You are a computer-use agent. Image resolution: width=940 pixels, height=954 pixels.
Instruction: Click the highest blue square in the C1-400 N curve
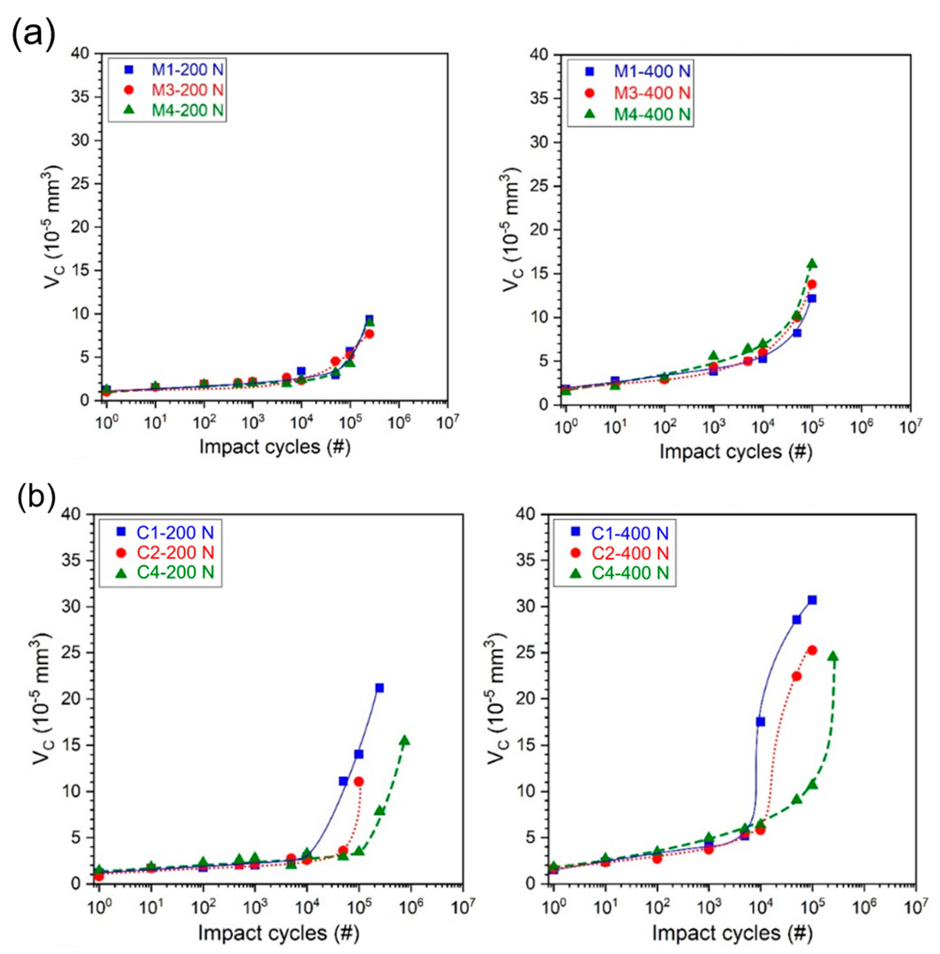(812, 600)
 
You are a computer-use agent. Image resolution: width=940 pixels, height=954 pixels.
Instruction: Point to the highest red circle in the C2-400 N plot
(812, 650)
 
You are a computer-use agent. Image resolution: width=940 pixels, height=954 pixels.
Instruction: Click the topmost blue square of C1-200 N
(379, 688)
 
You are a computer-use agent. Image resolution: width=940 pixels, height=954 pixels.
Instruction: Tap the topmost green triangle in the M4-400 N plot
(812, 264)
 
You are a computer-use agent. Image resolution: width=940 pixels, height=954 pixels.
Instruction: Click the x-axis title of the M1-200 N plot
(275, 447)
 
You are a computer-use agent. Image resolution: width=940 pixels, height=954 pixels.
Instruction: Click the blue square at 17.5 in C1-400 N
(760, 722)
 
